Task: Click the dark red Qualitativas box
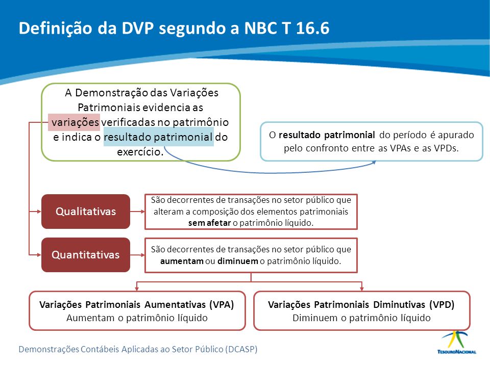[86, 211]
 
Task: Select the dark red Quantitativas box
[86, 255]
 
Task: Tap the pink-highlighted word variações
[75, 122]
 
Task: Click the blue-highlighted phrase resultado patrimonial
[158, 137]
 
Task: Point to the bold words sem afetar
[209, 223]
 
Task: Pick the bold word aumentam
[182, 261]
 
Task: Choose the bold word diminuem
[238, 261]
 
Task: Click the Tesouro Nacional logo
[456, 343]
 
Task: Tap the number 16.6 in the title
[312, 28]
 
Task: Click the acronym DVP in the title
[137, 28]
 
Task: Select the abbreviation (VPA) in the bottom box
[222, 305]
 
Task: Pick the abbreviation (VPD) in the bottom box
[442, 305]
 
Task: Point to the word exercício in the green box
[140, 152]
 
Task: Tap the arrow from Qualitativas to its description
[137, 212]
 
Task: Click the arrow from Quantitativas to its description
[137, 255]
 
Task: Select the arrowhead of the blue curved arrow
[374, 163]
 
